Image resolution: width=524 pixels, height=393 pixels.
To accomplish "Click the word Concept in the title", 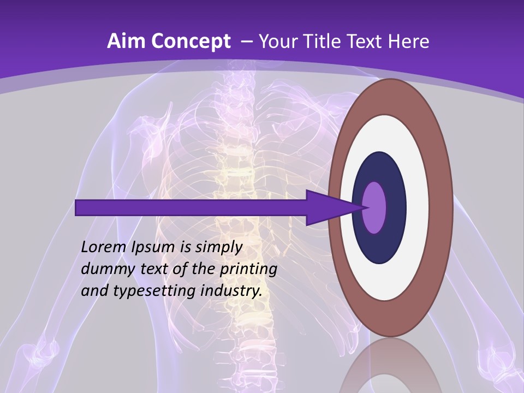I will pyautogui.click(x=191, y=42).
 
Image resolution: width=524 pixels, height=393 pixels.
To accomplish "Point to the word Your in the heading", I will pyautogui.click(x=278, y=41).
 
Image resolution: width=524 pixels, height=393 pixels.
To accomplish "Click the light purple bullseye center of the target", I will pyautogui.click(x=374, y=207).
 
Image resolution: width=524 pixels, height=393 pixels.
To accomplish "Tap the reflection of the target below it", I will pyautogui.click(x=390, y=366).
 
